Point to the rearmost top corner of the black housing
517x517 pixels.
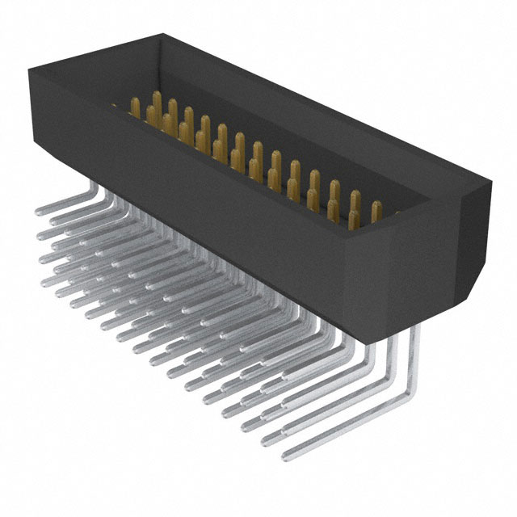pyautogui.click(x=166, y=34)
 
